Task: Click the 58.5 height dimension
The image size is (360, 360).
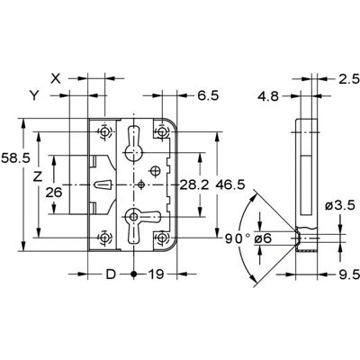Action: point(15,158)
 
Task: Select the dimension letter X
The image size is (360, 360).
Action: point(56,78)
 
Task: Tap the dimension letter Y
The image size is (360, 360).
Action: point(34,95)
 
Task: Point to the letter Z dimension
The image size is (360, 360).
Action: point(38,177)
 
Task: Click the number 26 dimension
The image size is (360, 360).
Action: point(54,193)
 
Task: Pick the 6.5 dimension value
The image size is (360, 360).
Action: point(208,96)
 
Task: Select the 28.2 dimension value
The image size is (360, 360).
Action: point(194,185)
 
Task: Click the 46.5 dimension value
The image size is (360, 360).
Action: point(230,185)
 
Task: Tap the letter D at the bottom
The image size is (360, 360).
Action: point(111,274)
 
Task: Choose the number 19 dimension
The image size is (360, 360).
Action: point(156,274)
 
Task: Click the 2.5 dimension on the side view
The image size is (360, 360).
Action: point(349,79)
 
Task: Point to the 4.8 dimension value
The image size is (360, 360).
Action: point(268,96)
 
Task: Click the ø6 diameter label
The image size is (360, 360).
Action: point(263,238)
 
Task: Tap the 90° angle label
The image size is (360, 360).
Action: point(238,238)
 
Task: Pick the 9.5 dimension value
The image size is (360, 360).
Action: point(349,274)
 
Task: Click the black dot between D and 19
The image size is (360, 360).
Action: point(134,274)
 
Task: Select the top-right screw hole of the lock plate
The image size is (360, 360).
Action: point(162,131)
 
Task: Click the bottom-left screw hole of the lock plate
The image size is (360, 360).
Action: point(104,238)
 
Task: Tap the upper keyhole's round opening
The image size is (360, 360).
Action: point(133,153)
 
